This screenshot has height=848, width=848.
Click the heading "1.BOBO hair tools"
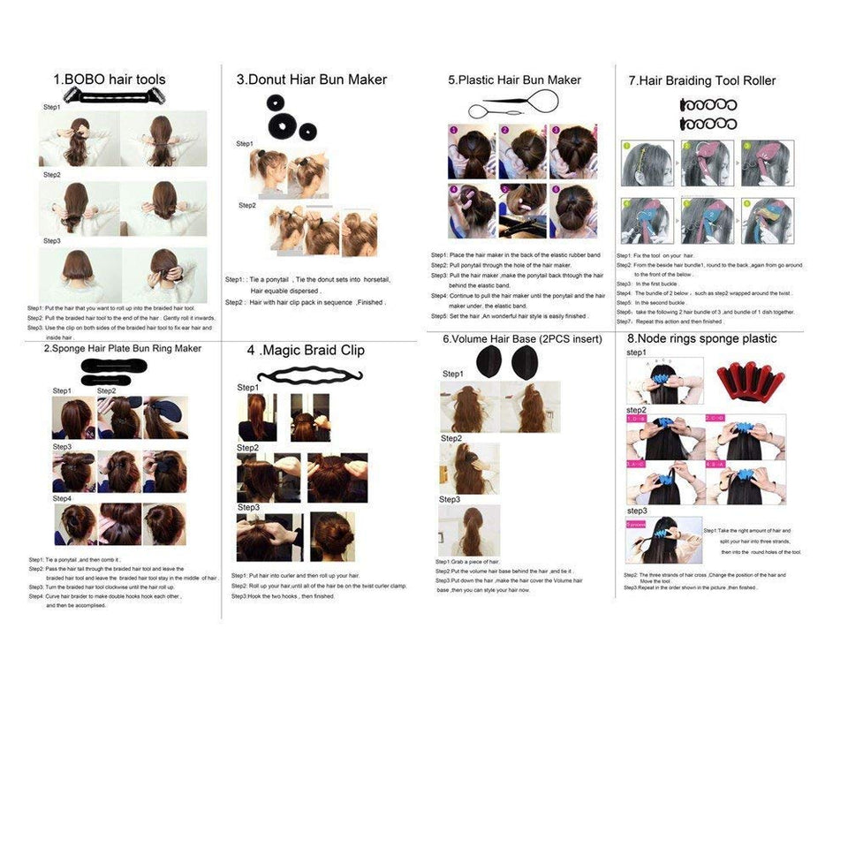pyautogui.click(x=109, y=79)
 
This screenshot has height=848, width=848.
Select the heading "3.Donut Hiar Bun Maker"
pyautogui.click(x=311, y=79)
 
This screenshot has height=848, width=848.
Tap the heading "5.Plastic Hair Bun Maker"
pyautogui.click(x=514, y=79)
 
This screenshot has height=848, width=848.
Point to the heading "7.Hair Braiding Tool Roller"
pyautogui.click(x=701, y=80)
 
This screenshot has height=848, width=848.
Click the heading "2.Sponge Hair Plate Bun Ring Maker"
pyautogui.click(x=123, y=348)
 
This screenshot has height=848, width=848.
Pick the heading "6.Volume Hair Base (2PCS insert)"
pyautogui.click(x=522, y=339)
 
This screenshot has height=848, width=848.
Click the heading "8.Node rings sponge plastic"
pyautogui.click(x=701, y=338)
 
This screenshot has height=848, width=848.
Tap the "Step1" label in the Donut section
pyautogui.click(x=245, y=143)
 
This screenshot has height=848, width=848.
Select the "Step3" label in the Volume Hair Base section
pyautogui.click(x=450, y=500)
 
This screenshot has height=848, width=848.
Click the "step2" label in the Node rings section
pyautogui.click(x=636, y=411)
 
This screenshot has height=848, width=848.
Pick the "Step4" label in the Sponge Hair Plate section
pyautogui.click(x=62, y=498)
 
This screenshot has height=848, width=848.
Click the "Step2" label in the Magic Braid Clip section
pyautogui.click(x=247, y=448)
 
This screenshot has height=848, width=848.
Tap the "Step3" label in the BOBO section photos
pyautogui.click(x=52, y=240)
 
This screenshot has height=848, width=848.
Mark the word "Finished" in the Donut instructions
pyautogui.click(x=370, y=302)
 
